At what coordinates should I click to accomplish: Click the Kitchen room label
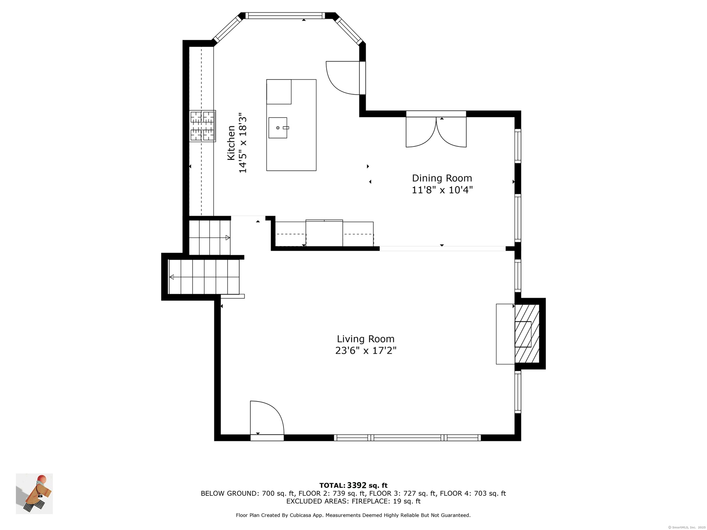pos(231,143)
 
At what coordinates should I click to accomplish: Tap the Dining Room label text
pos(442,178)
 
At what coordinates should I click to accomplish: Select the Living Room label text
pos(366,339)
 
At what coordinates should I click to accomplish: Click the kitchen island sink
pos(278,128)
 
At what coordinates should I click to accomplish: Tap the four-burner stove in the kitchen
pos(203,126)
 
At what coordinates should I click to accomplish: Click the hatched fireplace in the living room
pos(527,334)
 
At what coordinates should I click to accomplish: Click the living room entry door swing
pos(267,418)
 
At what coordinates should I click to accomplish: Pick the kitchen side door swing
pos(343,78)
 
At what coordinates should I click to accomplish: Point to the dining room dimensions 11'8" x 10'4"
pos(442,190)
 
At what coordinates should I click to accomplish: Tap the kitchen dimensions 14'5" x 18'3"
pos(243,143)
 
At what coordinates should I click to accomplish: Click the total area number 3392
pos(356,485)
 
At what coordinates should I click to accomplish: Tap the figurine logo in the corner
pos(34,494)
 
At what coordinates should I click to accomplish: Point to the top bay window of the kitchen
pos(285,15)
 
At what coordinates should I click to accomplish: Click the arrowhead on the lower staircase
pos(171,277)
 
